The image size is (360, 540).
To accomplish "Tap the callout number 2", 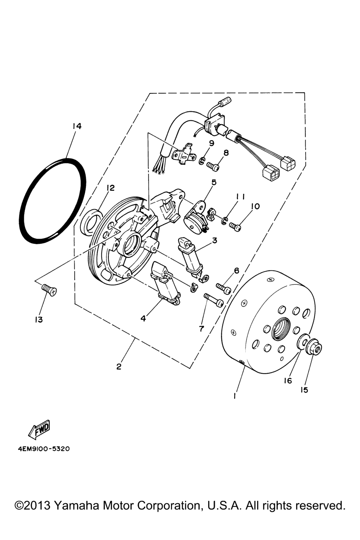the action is coord(118,367).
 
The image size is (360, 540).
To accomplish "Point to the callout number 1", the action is coord(234,396).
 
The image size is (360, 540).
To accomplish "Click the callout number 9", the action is coord(211,143).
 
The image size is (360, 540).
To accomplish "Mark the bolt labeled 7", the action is coord(214,300).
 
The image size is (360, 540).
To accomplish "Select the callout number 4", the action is coord(143,319).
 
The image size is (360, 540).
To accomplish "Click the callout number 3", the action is coord(214,240).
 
